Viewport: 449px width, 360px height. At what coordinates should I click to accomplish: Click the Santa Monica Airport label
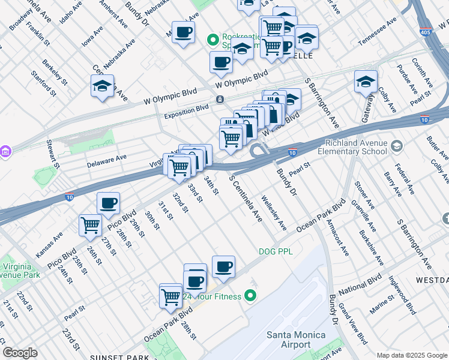(296, 340)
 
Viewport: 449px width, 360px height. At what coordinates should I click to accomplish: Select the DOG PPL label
(276, 251)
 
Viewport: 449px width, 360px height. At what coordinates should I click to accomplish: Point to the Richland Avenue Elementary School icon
(396, 146)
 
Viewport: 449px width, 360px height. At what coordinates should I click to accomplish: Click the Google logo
(20, 353)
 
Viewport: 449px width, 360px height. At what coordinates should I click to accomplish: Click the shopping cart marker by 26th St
(90, 226)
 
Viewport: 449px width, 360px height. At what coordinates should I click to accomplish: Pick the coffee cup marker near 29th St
(108, 203)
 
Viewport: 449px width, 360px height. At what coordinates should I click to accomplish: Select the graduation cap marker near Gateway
(366, 82)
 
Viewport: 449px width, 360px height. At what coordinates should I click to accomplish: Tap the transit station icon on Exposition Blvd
(221, 99)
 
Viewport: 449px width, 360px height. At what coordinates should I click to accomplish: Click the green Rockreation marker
(212, 40)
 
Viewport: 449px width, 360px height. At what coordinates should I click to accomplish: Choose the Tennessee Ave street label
(378, 32)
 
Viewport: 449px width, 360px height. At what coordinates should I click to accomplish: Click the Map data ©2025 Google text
(411, 355)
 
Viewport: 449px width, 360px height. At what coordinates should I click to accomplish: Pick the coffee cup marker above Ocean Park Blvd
(223, 266)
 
